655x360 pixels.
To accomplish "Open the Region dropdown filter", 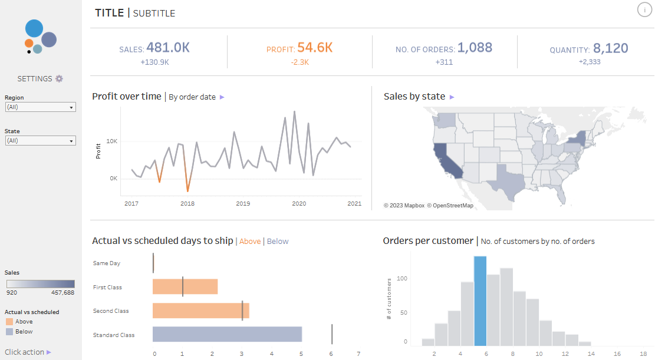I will click(40, 107).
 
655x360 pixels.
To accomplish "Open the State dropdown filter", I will click(40, 141).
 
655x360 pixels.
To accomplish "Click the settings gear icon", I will click(59, 79).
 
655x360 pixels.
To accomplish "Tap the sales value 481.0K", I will click(168, 48).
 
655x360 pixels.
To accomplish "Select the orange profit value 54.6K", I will click(315, 48).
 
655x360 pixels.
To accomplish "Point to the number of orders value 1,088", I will click(475, 48).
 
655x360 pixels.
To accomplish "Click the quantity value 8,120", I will click(610, 48).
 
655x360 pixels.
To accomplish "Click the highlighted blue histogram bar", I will click(480, 301).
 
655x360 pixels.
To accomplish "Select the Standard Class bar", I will click(227, 335).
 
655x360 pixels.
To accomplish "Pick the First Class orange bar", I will click(185, 287).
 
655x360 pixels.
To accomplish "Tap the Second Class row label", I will click(111, 311).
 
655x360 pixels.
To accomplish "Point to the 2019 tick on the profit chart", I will click(243, 204).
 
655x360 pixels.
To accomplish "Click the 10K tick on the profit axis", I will click(111, 142).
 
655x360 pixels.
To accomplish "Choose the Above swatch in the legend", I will click(9, 322).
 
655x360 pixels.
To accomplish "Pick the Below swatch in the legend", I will click(9, 332).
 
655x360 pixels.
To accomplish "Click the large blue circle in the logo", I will click(34, 28).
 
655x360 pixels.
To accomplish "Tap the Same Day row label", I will click(107, 263).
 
